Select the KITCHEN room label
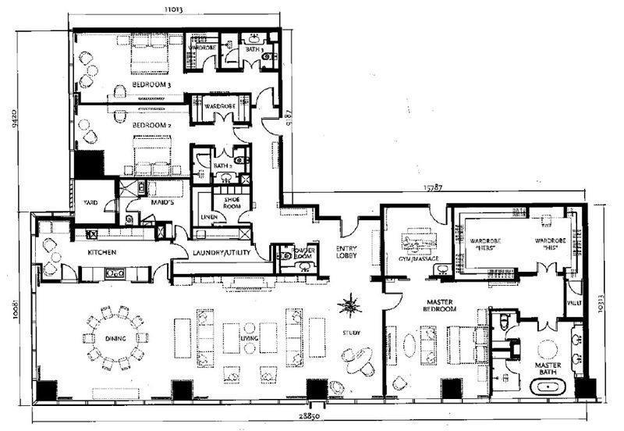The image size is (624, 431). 102,254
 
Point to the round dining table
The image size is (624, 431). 115,338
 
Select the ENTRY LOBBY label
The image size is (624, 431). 346,251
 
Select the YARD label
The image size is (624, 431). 90,201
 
